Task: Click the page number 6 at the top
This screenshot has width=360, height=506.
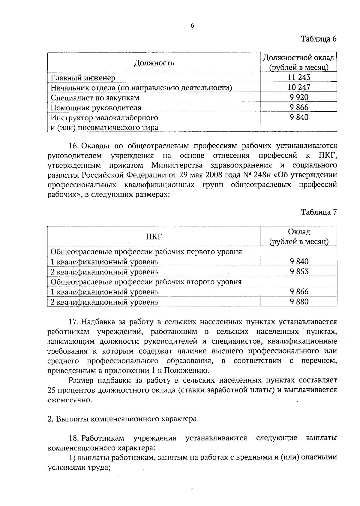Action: click(192, 26)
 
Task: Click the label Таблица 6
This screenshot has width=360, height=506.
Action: click(319, 39)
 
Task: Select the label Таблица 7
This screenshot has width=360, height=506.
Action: click(319, 212)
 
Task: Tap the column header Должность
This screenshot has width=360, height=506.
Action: click(154, 63)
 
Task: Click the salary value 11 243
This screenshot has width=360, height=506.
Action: click(299, 77)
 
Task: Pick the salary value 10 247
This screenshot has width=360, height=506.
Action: click(299, 87)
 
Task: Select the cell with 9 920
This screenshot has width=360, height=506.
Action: click(299, 97)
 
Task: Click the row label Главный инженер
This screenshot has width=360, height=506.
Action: click(83, 78)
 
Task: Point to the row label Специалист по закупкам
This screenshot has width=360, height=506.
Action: click(95, 98)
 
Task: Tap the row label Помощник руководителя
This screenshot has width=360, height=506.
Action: click(96, 108)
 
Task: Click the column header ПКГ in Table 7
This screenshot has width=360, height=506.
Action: click(154, 236)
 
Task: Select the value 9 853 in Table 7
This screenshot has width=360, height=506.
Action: click(299, 272)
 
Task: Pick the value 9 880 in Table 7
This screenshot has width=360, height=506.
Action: click(299, 302)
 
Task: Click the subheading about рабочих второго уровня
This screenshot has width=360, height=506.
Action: click(146, 282)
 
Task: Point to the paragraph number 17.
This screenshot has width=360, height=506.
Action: click(73, 322)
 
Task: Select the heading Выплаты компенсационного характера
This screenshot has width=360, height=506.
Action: click(126, 419)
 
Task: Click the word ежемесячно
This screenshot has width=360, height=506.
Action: click(69, 400)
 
